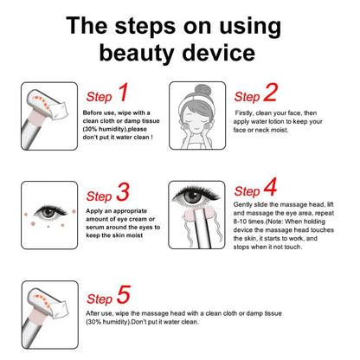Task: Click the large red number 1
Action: [x=124, y=93]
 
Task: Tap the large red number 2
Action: [x=271, y=93]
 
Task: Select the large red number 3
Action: [x=123, y=192]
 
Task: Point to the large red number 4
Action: [x=270, y=187]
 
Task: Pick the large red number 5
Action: [x=124, y=294]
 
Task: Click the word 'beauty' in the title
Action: [x=137, y=54]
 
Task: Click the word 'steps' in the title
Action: [x=145, y=27]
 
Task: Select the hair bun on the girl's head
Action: [x=202, y=90]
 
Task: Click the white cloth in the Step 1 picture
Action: [x=60, y=111]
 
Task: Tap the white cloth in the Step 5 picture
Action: [x=61, y=310]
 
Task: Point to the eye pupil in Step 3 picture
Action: [x=48, y=213]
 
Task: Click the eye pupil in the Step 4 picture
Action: [x=193, y=196]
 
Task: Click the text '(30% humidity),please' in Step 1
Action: [x=115, y=129]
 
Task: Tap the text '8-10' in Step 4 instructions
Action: [x=240, y=222]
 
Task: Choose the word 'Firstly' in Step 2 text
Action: [x=244, y=113]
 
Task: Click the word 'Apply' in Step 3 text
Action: [x=94, y=211]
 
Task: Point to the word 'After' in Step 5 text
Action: [x=93, y=313]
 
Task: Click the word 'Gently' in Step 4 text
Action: [x=242, y=205]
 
